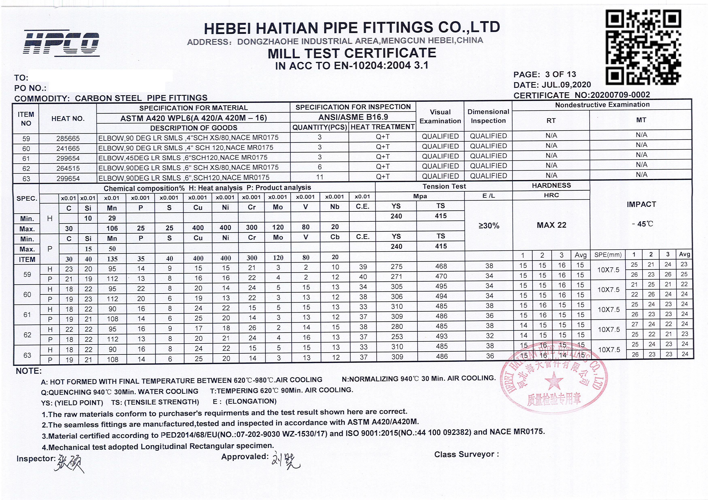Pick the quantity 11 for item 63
click(319, 177)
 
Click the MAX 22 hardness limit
click(551, 225)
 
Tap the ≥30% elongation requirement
click(489, 226)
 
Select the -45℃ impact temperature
click(641, 224)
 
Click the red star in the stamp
click(554, 381)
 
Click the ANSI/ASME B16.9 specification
click(353, 117)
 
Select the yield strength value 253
click(397, 336)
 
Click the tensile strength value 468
click(441, 266)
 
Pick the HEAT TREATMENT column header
click(382, 127)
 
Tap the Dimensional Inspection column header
click(488, 116)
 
